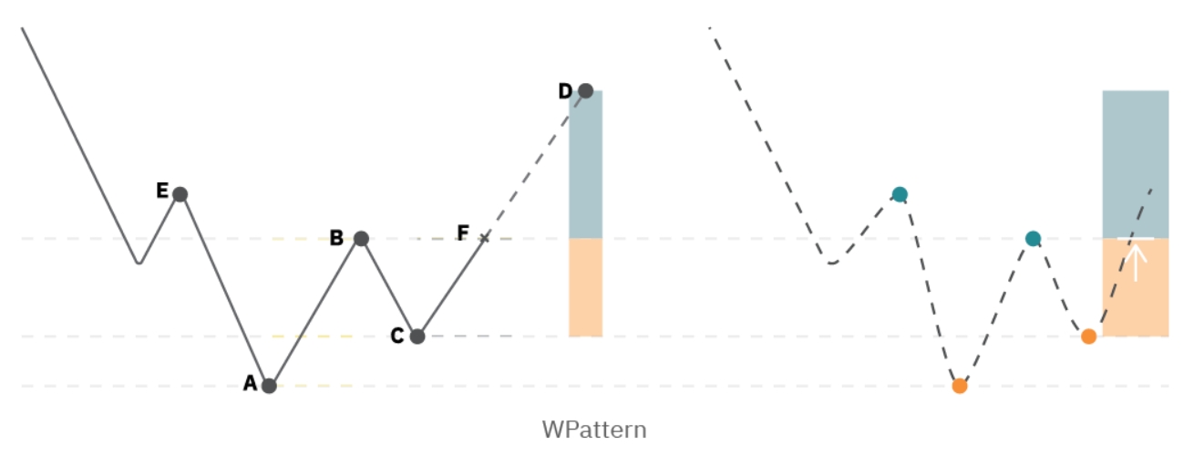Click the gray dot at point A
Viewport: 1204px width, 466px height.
click(269, 386)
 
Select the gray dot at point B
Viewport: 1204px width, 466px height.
click(361, 239)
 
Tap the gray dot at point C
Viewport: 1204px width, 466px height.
click(417, 337)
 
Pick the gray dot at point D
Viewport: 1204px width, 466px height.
click(585, 90)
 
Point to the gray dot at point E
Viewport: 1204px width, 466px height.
click(180, 194)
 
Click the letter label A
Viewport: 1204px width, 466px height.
click(250, 384)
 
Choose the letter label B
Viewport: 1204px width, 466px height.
click(336, 238)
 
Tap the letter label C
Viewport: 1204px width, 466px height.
click(396, 337)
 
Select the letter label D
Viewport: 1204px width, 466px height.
click(565, 91)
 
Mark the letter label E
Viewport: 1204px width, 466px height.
click(162, 191)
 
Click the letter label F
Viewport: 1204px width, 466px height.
click(463, 233)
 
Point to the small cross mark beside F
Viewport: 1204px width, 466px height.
click(484, 238)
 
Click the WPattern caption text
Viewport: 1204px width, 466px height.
click(594, 430)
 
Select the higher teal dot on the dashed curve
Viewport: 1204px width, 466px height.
click(900, 194)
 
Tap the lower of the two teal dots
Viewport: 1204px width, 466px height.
click(1033, 239)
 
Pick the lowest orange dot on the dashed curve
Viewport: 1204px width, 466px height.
click(959, 386)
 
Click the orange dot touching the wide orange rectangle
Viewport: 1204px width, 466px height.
click(1088, 337)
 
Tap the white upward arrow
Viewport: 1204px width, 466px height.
click(1135, 261)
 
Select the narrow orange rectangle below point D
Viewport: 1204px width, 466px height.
click(585, 287)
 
